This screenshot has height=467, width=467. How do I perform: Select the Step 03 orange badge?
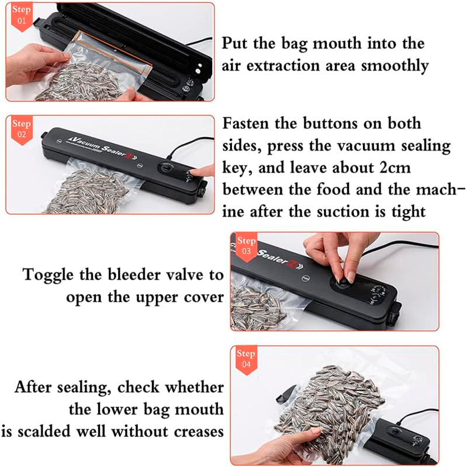(x=247, y=246)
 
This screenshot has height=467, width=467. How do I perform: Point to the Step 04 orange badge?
(x=246, y=359)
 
